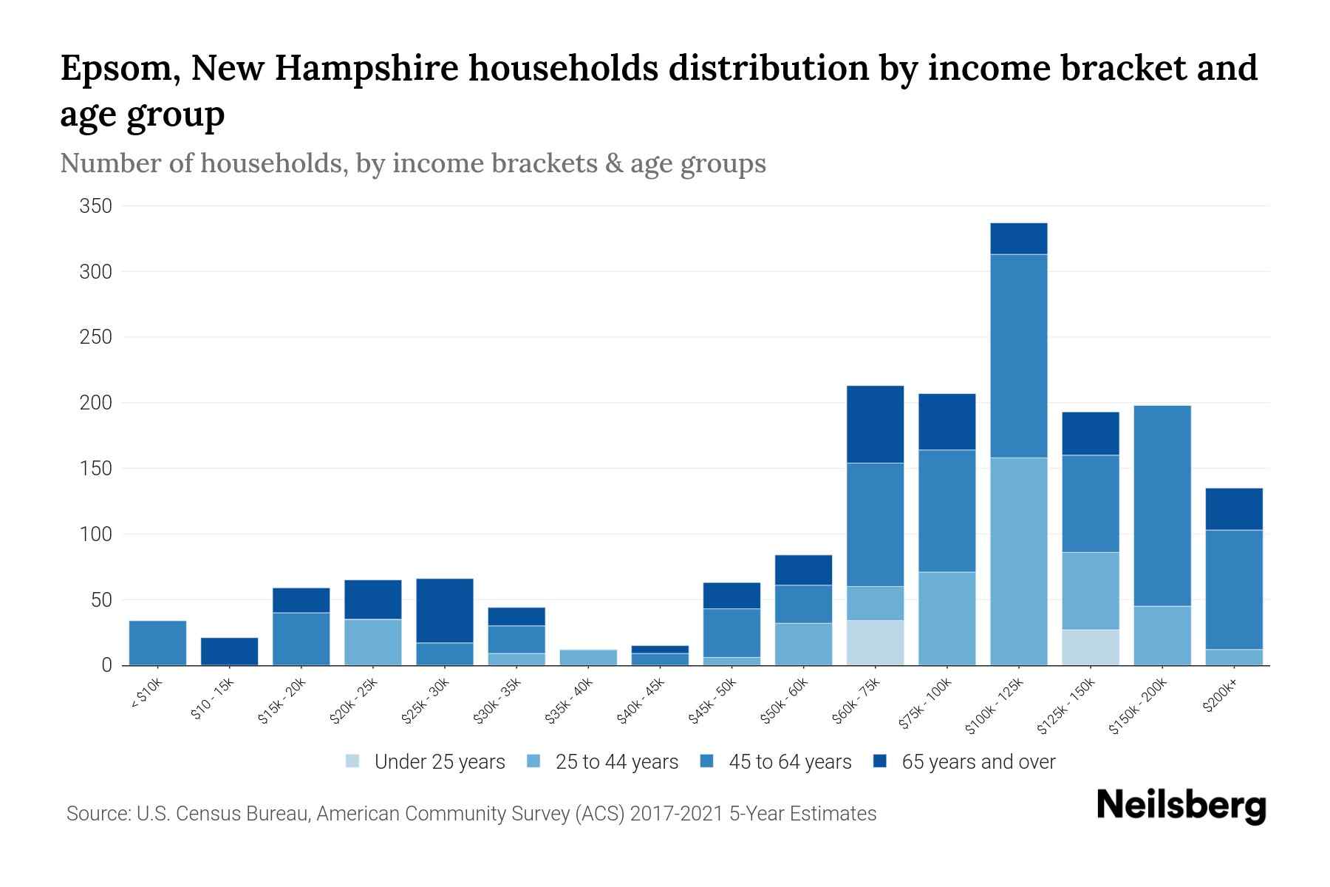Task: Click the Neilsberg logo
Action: click(x=1181, y=806)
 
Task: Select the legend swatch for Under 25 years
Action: click(x=353, y=761)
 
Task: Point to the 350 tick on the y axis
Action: click(x=96, y=206)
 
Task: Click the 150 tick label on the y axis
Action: click(x=96, y=469)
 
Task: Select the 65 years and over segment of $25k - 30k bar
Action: click(x=445, y=611)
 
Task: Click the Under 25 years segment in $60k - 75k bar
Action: click(x=875, y=642)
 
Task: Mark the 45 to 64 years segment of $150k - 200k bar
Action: click(x=1162, y=506)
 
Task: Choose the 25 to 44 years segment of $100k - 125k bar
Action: click(x=1018, y=561)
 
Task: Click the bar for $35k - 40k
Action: click(x=588, y=657)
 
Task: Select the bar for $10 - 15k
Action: click(x=229, y=651)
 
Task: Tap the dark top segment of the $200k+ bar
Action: click(x=1234, y=509)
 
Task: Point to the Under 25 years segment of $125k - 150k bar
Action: click(x=1090, y=647)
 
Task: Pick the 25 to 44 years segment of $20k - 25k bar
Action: click(x=372, y=642)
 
